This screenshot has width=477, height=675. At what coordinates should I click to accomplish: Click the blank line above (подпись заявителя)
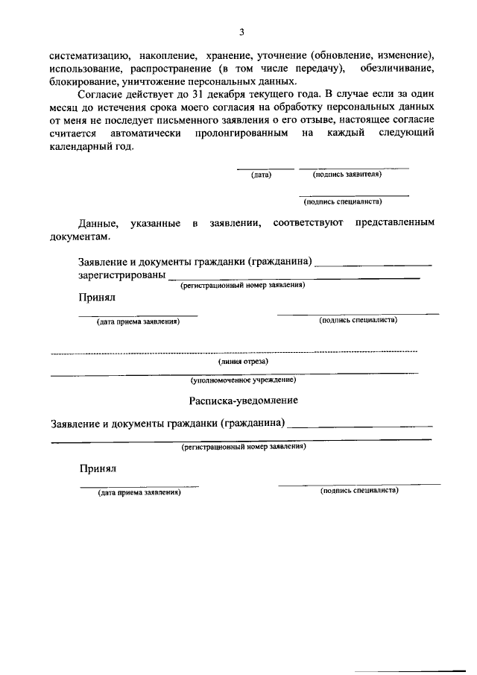[x=353, y=169]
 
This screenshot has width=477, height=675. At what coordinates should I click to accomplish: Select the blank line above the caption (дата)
[x=265, y=169]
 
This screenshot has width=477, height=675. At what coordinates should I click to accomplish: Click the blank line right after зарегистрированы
[x=294, y=278]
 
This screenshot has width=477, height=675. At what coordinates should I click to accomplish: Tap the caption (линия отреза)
[x=243, y=361]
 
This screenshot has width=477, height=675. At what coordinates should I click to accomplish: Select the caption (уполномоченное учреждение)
[x=243, y=380]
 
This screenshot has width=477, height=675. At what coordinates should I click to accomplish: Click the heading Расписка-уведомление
[x=243, y=401]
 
